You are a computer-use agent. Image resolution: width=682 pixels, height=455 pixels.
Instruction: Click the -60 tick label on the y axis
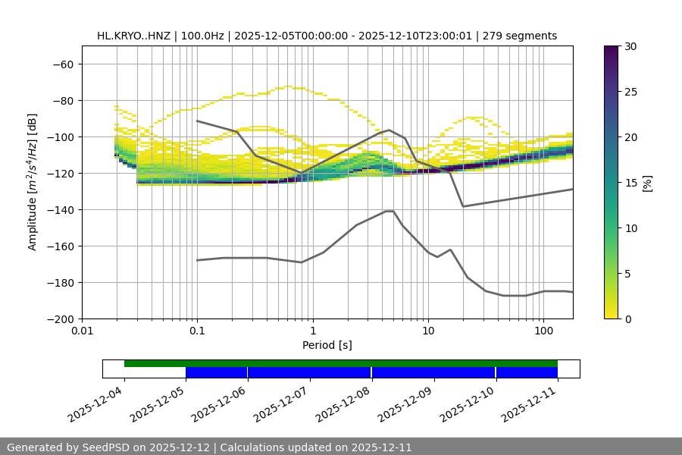tap(62, 64)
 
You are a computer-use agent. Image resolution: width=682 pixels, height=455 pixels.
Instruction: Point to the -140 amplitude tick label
tap(59, 210)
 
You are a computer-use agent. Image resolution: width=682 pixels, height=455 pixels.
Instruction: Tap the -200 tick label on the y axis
tap(59, 319)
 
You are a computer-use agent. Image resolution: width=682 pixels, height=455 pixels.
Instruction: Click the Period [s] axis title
tap(327, 346)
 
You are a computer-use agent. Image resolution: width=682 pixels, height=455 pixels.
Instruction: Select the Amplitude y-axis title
tap(33, 182)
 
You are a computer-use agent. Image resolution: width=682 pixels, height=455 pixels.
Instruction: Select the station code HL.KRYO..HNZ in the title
tap(133, 36)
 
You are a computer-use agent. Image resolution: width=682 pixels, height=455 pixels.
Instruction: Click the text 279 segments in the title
tap(524, 36)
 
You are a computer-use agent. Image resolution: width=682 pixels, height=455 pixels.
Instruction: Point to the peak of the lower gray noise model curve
tap(389, 211)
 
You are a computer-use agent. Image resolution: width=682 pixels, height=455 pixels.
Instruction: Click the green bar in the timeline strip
tap(341, 363)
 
